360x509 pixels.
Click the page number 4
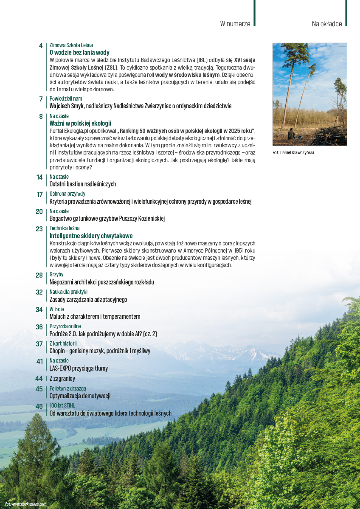[x=41, y=45]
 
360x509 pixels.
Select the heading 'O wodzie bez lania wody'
[x=79, y=53]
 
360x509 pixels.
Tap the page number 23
[x=39, y=229]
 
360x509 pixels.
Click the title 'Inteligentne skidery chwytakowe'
[x=91, y=236]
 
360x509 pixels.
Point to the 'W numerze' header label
[x=235, y=24]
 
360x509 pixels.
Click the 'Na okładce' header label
[x=326, y=24]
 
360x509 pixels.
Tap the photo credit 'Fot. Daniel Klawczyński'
[x=294, y=152]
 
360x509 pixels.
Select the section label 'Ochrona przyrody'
[x=67, y=194]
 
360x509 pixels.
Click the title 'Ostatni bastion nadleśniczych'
[x=82, y=184]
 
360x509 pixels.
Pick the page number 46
[x=39, y=406]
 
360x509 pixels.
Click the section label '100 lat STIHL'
[x=62, y=406]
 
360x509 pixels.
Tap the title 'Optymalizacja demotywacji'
[x=80, y=396]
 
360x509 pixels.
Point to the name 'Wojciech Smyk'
[x=66, y=106]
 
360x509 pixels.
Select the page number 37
[x=39, y=344]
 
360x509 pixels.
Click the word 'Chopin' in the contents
[x=57, y=351]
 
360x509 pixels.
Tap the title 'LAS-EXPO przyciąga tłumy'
[x=79, y=368]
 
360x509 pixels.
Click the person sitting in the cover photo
[x=291, y=134]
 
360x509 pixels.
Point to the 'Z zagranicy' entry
[x=62, y=378]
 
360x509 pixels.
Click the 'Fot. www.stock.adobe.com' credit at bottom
[x=25, y=504]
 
